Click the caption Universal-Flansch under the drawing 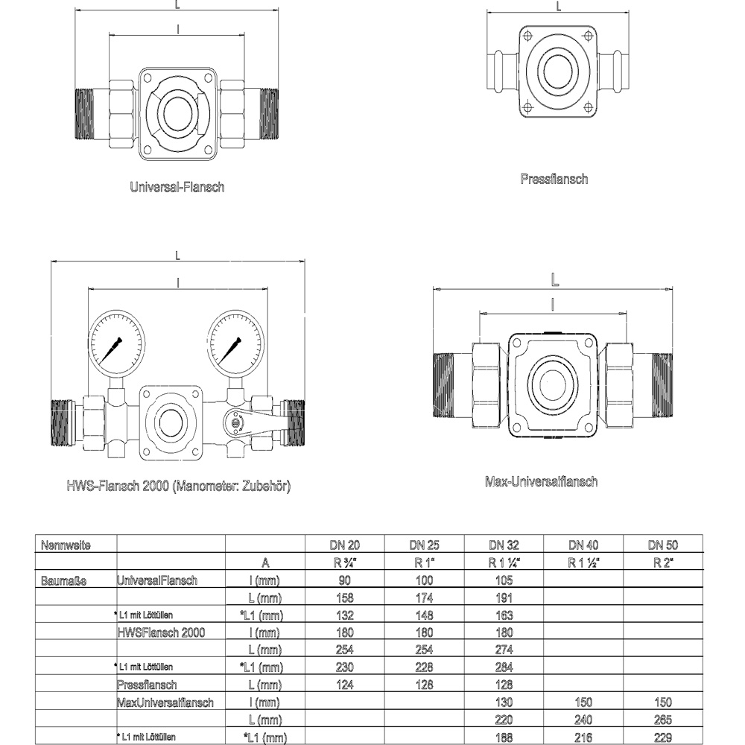177,187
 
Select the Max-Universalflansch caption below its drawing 541,481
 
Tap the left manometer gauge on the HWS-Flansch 115,342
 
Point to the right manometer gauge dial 235,342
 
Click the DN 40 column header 582,545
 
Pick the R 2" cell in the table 662,562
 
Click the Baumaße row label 65,580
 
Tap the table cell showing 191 503,597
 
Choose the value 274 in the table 503,650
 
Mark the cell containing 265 662,720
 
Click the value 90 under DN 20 345,580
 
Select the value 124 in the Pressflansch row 345,685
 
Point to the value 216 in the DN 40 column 582,738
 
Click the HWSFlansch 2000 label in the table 161,632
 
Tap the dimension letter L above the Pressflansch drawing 559,6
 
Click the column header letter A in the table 265,562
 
